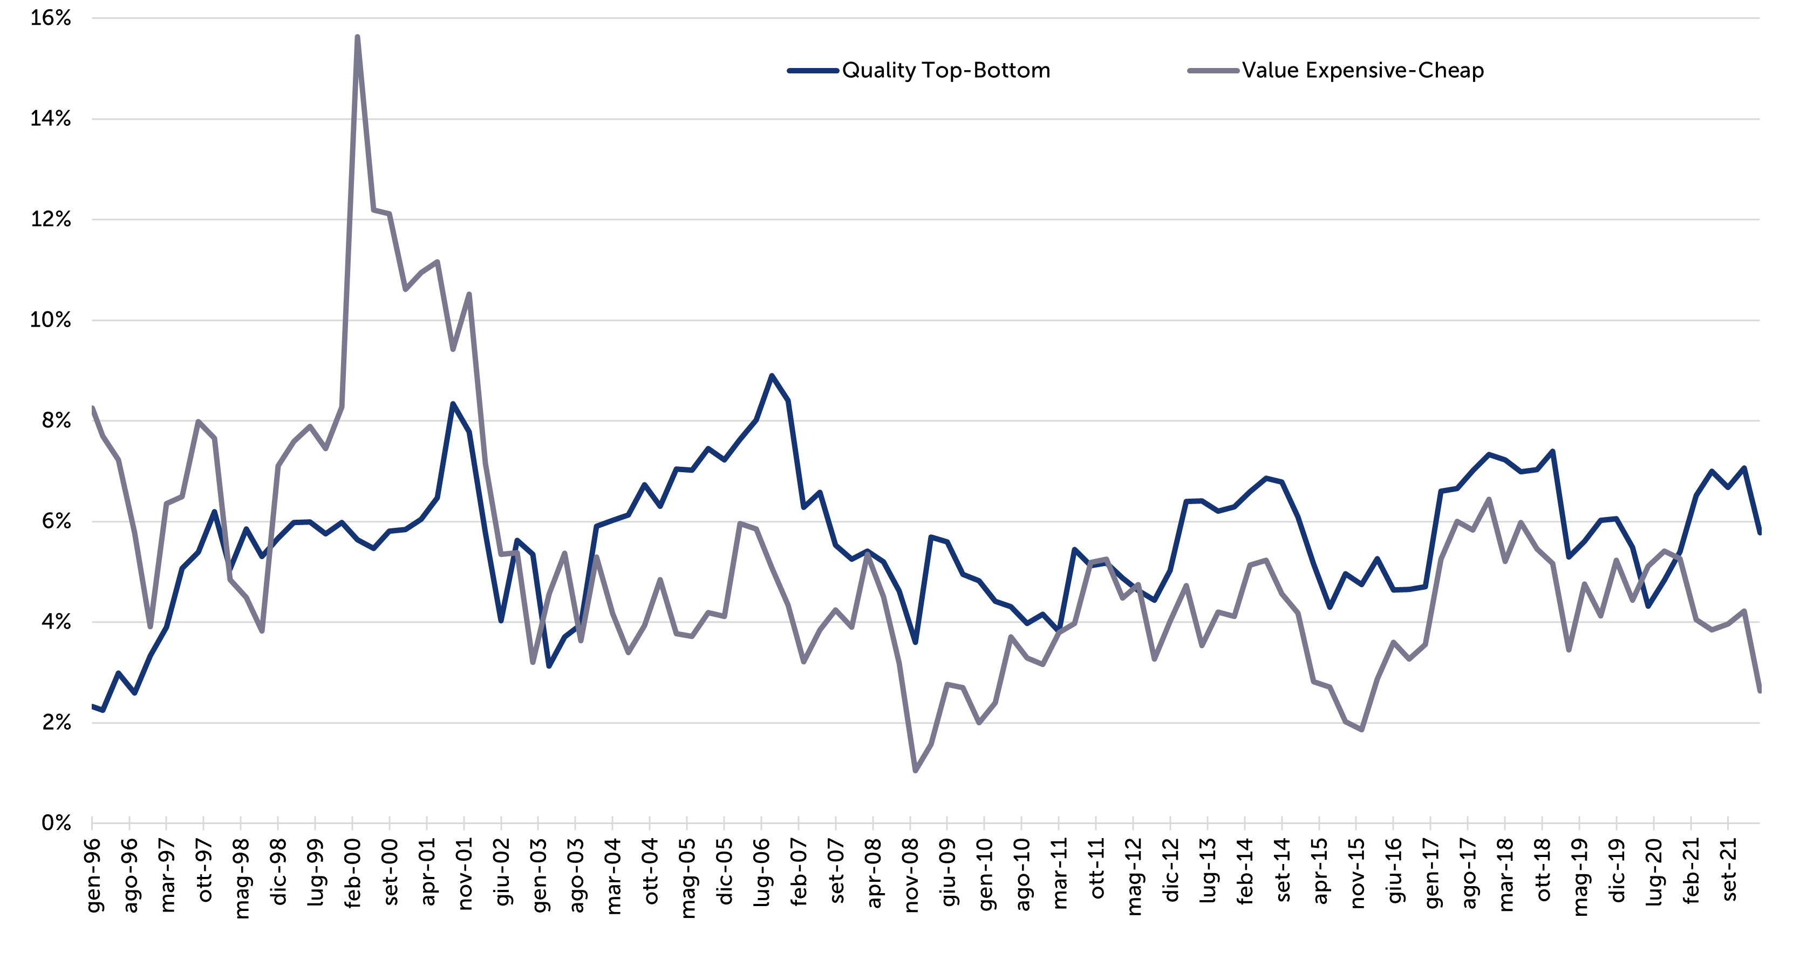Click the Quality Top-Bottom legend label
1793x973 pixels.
coord(946,70)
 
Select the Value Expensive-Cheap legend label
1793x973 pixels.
coord(1363,70)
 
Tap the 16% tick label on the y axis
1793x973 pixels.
coord(51,18)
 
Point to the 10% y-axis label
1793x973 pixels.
coord(51,320)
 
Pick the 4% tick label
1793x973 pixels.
coord(56,622)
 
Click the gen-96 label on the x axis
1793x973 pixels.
coord(93,875)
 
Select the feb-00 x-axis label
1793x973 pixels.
coord(353,874)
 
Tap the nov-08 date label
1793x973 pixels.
coord(911,875)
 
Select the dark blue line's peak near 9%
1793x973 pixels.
coord(771,376)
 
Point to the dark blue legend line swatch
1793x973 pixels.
coord(812,70)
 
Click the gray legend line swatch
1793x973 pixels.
coord(1212,70)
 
